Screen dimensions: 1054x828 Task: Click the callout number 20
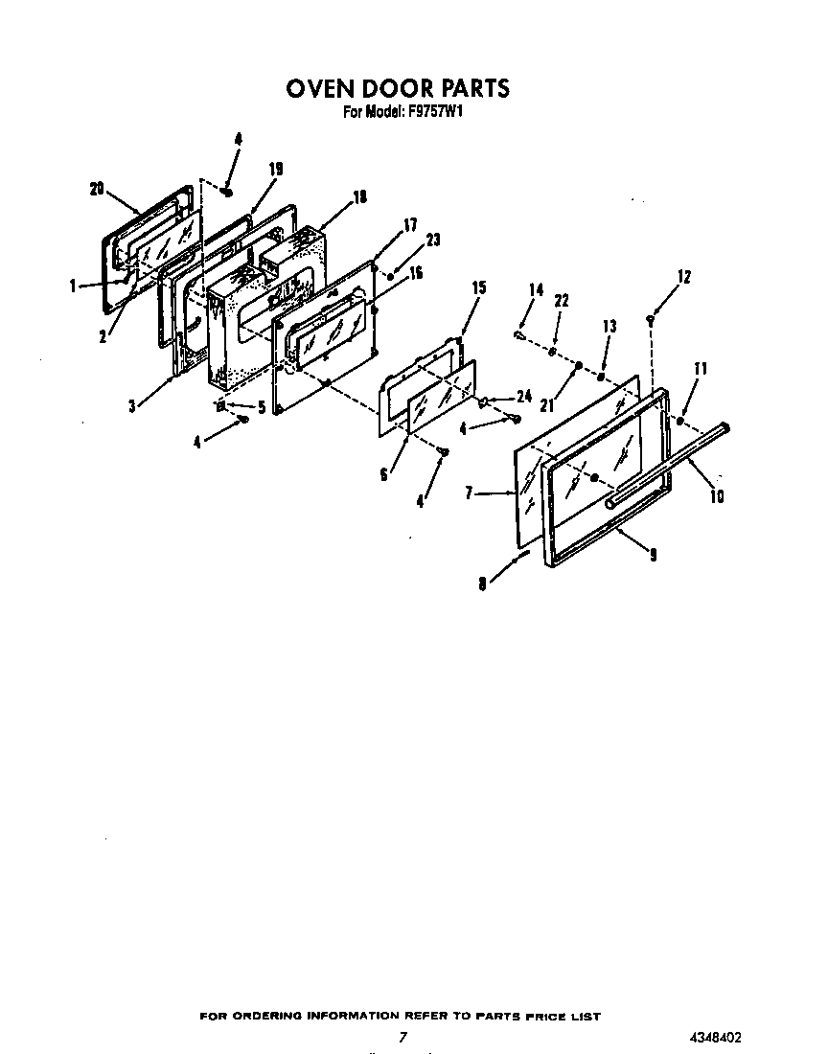click(x=96, y=190)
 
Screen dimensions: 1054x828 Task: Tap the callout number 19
click(x=275, y=169)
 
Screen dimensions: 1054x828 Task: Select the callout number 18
click(x=359, y=198)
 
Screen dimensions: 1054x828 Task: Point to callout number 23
click(x=432, y=241)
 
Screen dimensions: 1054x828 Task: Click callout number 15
click(x=479, y=287)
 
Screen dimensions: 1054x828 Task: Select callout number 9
click(x=653, y=554)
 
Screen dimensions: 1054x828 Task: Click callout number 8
click(x=483, y=582)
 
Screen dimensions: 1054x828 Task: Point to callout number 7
click(x=470, y=493)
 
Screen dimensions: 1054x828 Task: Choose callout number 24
click(x=523, y=395)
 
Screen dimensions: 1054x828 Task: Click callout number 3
click(x=131, y=405)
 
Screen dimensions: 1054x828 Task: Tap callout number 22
click(x=562, y=301)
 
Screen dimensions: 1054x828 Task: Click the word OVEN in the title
click(x=321, y=89)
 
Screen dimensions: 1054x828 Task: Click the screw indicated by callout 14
click(x=518, y=335)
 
